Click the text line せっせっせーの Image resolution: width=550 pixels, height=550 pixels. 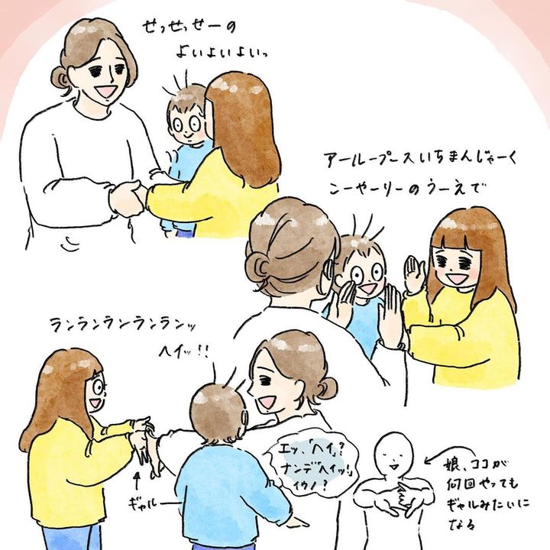189,27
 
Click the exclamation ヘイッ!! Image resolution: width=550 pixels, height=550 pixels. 184,351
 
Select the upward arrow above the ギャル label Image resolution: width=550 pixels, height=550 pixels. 137,482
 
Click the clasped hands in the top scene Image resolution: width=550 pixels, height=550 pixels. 126,199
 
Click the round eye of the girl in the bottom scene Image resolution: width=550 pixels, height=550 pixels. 98,387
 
